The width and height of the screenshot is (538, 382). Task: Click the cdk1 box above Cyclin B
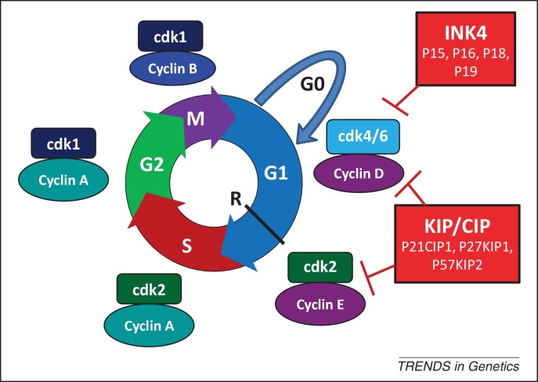point(170,37)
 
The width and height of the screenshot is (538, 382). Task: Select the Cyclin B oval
point(170,67)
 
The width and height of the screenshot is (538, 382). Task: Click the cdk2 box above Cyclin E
point(321,268)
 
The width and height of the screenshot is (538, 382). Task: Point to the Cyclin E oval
point(321,300)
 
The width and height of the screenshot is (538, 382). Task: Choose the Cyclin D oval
point(359,170)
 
